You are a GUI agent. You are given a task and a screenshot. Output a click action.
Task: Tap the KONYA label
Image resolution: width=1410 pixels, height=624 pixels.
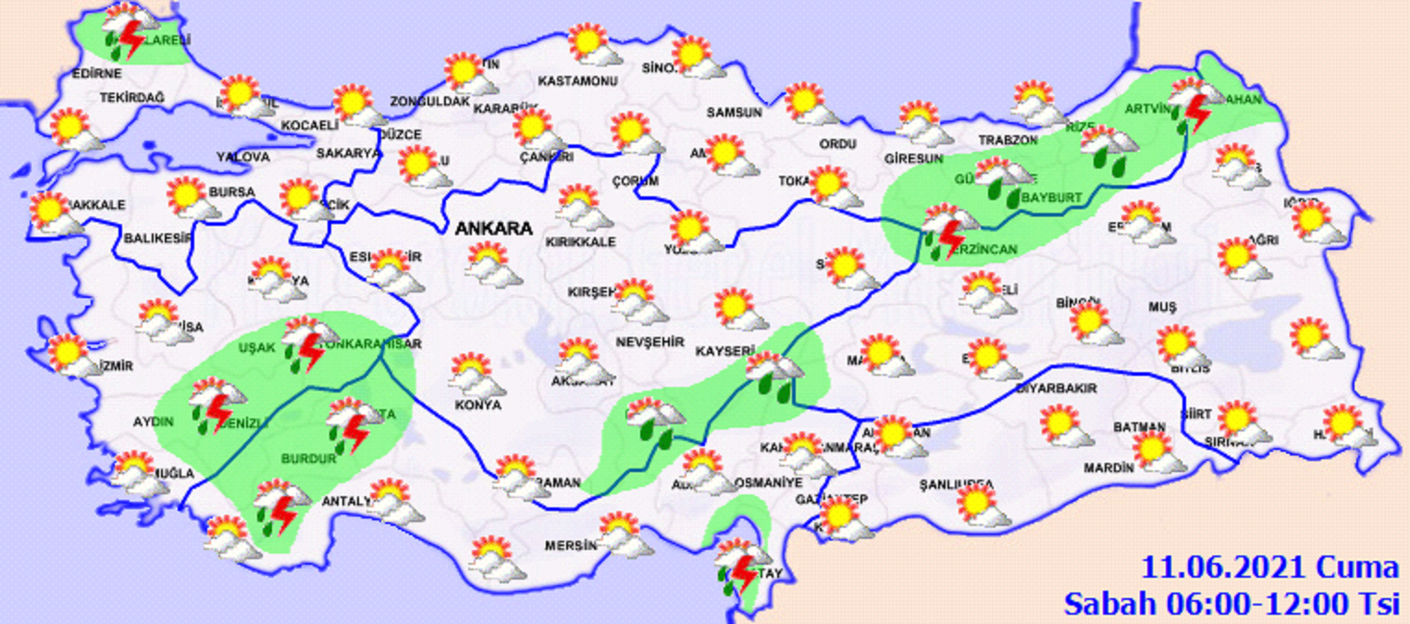478,405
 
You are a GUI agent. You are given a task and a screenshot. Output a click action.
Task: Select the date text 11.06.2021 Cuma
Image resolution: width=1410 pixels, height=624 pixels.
1269,567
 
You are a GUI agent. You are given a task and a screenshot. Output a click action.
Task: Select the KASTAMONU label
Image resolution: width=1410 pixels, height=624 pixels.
577,81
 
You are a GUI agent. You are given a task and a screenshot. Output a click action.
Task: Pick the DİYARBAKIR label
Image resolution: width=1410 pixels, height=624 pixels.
1056,389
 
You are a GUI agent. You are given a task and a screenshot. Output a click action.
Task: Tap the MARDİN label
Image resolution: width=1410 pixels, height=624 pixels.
1112,468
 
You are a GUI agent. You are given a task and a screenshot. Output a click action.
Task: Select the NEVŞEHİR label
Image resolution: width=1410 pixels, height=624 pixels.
649,343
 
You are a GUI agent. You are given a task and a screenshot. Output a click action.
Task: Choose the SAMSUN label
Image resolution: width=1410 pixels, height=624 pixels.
734,112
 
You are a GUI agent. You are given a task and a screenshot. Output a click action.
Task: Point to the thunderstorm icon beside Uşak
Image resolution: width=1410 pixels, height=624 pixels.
304,343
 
